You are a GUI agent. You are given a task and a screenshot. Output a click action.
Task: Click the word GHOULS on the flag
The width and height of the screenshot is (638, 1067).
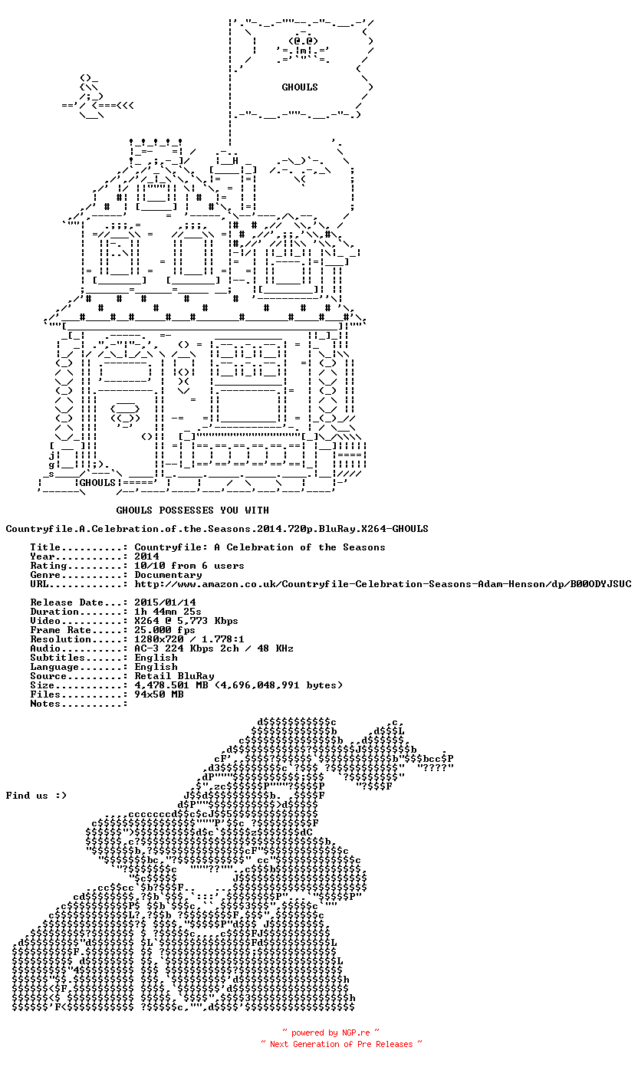point(299,87)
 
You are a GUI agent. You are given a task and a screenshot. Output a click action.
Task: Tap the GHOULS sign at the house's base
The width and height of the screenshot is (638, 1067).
point(97,483)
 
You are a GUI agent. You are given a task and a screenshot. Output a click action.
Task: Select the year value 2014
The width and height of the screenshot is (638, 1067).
point(146,556)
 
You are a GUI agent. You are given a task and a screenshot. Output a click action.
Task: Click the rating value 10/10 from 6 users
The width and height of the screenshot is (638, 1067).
point(189,566)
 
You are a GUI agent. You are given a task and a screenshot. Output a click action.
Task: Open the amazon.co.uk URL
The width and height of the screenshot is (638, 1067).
point(383,584)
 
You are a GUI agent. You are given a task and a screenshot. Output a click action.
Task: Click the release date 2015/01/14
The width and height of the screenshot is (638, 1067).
point(165,602)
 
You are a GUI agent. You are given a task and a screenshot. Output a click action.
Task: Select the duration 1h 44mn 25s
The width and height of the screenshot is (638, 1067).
point(168,612)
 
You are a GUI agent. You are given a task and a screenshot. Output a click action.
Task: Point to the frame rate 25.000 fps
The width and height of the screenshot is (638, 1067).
point(164,630)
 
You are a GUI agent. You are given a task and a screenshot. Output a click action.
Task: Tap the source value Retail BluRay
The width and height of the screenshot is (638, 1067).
point(174,676)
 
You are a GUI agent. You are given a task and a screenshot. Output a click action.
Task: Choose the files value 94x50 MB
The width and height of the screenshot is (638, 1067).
point(159,694)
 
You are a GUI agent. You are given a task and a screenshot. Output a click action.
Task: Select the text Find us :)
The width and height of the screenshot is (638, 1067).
point(36,796)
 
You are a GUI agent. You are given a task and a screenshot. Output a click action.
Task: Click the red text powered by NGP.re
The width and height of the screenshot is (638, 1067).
point(331,1033)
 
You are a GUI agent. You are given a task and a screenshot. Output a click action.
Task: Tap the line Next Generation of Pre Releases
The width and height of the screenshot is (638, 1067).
point(341,1044)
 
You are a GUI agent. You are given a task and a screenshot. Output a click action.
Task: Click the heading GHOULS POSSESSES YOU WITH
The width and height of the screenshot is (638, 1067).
point(192,511)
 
